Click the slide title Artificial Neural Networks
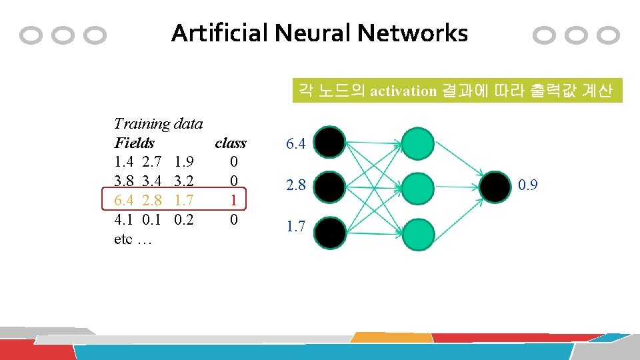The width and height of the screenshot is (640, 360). click(x=319, y=33)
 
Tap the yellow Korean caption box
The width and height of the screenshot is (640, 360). click(x=457, y=91)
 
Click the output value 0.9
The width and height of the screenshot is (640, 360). click(x=528, y=185)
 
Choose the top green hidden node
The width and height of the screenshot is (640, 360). click(x=418, y=143)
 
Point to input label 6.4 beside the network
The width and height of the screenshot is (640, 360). click(x=295, y=143)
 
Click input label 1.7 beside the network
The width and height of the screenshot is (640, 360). click(x=295, y=227)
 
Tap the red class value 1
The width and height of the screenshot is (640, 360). click(x=233, y=200)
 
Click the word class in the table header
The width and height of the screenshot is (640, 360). click(x=231, y=143)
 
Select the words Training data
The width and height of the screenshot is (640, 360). click(x=159, y=123)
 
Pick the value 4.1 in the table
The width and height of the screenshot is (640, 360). click(x=124, y=219)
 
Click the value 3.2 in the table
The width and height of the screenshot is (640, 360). click(x=183, y=181)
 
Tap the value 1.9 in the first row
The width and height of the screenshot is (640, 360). click(x=183, y=162)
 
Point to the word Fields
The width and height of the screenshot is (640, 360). click(x=134, y=143)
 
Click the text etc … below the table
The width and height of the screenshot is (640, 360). click(x=133, y=239)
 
